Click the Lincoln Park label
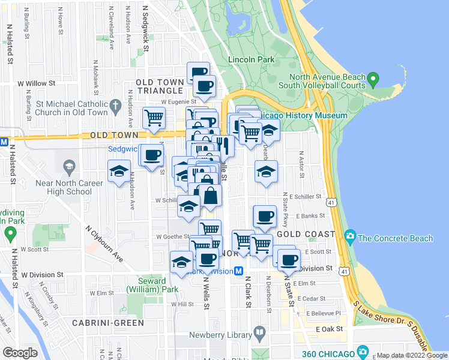coord(251,59)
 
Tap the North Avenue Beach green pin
coord(373,79)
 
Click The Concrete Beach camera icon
coord(351,238)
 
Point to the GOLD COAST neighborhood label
coord(306,233)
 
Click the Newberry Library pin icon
coord(259,331)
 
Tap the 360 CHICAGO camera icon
coord(363,351)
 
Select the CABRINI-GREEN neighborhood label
coord(108,323)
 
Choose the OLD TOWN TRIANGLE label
coord(160,86)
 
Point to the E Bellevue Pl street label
coord(323,313)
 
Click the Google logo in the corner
coord(20,353)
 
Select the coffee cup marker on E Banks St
coord(264,217)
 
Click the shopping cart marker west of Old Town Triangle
coord(154,119)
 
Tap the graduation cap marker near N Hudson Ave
coord(119,172)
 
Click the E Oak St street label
coord(328,329)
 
